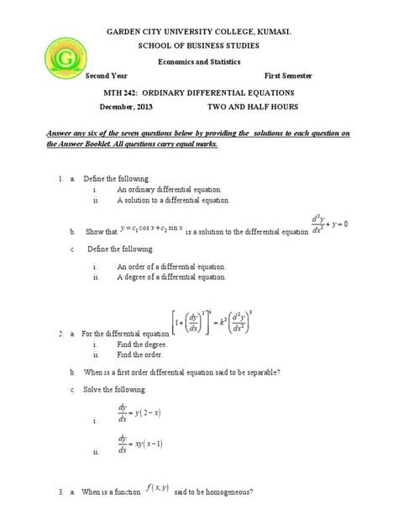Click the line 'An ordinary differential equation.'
tap(172, 191)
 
